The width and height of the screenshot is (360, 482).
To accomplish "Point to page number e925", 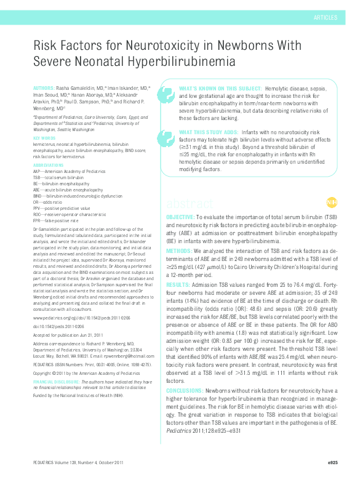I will click(x=332, y=462).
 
